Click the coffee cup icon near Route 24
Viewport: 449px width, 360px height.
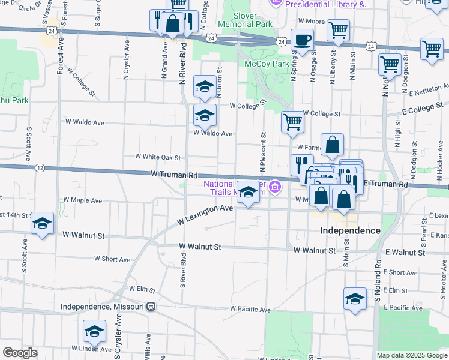pos(303,41)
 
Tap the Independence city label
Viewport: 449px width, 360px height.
pos(350,230)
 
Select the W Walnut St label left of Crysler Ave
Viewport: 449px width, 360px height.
pos(84,236)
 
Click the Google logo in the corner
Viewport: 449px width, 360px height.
pos(20,353)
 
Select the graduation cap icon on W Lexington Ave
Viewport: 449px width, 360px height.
pos(247,193)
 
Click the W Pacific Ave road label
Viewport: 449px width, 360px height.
pos(250,309)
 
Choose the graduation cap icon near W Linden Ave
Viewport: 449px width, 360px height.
pos(94,332)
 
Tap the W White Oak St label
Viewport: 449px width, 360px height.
pos(158,157)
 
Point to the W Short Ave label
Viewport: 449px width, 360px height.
pos(112,260)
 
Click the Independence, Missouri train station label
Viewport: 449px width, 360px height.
pos(103,307)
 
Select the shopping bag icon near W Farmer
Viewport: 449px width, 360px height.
pos(332,145)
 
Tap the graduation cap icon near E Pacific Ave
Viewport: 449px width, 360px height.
pos(355,299)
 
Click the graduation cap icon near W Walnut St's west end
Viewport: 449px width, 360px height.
pos(42,224)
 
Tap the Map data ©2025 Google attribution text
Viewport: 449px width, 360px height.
pos(411,355)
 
